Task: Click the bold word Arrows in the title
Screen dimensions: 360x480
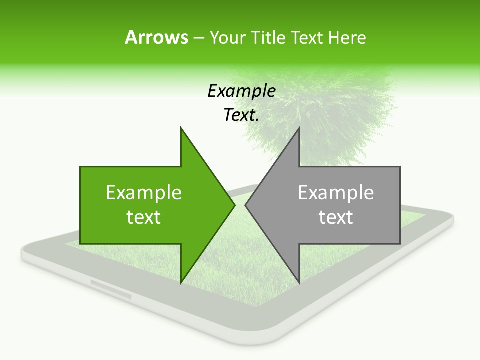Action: pyautogui.click(x=156, y=37)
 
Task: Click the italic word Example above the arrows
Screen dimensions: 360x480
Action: pyautogui.click(x=241, y=91)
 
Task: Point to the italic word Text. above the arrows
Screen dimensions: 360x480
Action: pyautogui.click(x=241, y=115)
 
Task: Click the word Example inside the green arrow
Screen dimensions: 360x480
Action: pyautogui.click(x=144, y=193)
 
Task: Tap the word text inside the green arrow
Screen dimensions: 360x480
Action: pyautogui.click(x=144, y=217)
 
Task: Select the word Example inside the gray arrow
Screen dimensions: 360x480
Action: pyautogui.click(x=336, y=193)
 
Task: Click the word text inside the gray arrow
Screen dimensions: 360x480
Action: pyautogui.click(x=336, y=217)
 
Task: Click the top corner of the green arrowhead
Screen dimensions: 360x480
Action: pyautogui.click(x=181, y=128)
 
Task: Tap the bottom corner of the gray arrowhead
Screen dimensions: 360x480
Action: pyautogui.click(x=299, y=282)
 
